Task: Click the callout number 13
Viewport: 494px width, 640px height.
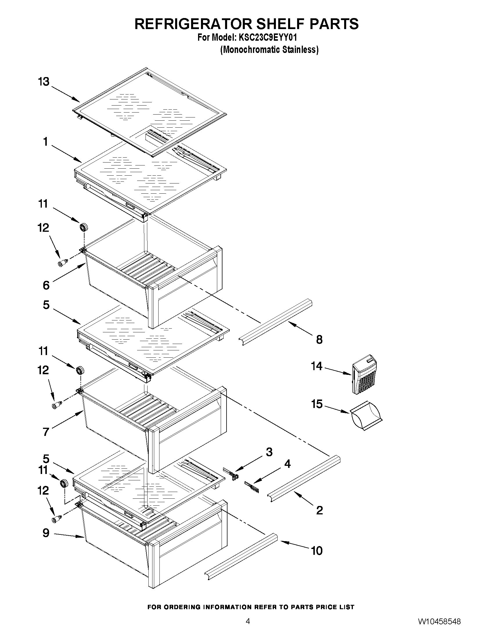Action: point(44,81)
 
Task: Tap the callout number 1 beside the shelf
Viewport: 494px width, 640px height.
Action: point(45,142)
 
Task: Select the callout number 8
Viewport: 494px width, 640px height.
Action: point(319,340)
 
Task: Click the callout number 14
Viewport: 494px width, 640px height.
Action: point(317,366)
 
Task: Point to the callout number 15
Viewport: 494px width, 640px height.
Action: point(317,404)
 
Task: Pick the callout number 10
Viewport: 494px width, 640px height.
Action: point(317,551)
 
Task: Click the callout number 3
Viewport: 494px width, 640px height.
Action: point(269,452)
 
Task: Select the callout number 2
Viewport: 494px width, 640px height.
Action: point(319,510)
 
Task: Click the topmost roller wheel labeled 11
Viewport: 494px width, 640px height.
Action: point(84,227)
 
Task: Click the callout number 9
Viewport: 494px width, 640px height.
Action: point(46,533)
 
